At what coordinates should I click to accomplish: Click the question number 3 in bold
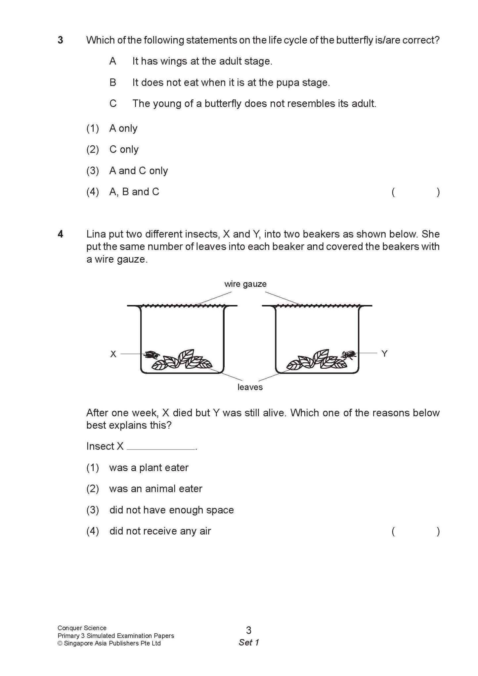[60, 40]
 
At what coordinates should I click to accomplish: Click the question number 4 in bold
[60, 234]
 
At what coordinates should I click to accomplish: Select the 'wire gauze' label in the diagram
[245, 284]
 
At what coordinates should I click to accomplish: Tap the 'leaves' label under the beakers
[250, 387]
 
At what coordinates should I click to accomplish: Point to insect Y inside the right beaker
[349, 355]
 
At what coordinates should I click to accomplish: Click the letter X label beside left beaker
[113, 354]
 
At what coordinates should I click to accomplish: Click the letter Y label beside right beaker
[384, 354]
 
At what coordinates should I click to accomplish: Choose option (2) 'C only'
[124, 149]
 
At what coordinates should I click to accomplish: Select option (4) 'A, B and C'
[134, 192]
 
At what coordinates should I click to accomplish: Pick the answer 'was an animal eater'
[155, 489]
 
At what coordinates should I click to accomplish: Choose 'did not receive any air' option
[160, 531]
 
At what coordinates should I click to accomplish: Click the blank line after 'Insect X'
[161, 447]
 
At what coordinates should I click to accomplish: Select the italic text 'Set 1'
[249, 642]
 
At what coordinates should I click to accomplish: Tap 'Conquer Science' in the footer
[82, 628]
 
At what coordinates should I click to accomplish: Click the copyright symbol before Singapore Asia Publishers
[60, 644]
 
